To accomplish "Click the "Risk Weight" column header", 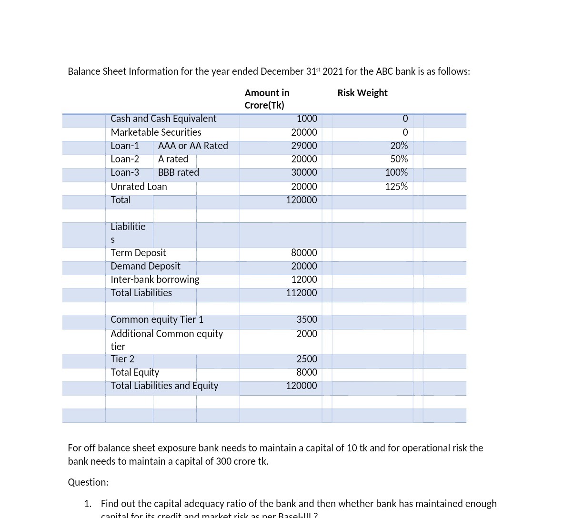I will (x=362, y=93).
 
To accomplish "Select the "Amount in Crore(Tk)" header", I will (x=267, y=99).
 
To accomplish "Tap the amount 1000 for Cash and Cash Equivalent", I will (x=307, y=119).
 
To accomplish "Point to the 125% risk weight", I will (x=396, y=187).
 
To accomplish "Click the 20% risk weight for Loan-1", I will (x=399, y=146).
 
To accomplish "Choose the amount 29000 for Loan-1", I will (x=304, y=146).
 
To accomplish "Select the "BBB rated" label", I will (x=179, y=172).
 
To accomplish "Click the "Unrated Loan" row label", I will (x=139, y=187).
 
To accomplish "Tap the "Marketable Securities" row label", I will (x=156, y=132).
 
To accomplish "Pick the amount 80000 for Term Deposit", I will (x=304, y=253).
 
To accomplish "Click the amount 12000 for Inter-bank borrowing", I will (x=304, y=279).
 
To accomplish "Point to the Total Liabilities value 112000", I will (x=301, y=293).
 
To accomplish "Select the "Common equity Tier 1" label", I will (x=157, y=319).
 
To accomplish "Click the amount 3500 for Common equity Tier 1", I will (x=307, y=319).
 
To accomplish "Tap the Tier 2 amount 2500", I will (x=307, y=359).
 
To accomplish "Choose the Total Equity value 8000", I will (x=307, y=372).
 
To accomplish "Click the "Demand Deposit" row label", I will (x=145, y=266).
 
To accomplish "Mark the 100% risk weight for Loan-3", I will (x=396, y=172).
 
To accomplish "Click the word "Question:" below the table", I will (x=88, y=482).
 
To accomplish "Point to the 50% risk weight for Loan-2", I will (x=399, y=159).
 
